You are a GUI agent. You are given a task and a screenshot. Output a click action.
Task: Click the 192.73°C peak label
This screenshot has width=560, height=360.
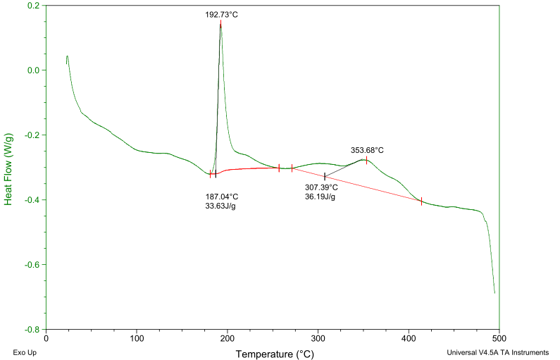(221, 13)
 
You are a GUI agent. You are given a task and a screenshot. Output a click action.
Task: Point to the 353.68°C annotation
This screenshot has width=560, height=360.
(367, 150)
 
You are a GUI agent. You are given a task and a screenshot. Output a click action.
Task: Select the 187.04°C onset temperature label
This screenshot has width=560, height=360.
(222, 197)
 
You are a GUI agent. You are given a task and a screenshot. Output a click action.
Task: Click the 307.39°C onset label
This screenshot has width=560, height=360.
(321, 187)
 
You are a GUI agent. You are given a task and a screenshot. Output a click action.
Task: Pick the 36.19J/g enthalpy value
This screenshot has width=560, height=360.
(320, 197)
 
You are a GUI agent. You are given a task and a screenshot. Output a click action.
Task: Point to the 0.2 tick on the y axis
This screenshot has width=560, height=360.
(32, 6)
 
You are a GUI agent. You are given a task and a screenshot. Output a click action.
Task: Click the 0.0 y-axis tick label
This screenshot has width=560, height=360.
(32, 70)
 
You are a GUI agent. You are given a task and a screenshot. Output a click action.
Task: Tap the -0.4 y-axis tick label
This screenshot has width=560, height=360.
(31, 200)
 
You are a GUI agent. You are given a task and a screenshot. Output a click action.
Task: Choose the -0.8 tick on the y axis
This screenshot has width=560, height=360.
(31, 329)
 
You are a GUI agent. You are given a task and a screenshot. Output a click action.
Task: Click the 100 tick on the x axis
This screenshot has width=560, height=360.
(137, 338)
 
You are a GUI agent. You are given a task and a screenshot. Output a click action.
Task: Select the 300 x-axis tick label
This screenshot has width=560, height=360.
(318, 338)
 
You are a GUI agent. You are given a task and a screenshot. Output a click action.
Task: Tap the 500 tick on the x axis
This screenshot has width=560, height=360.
(499, 338)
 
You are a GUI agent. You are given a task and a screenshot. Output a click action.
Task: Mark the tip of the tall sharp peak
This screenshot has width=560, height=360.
(220, 23)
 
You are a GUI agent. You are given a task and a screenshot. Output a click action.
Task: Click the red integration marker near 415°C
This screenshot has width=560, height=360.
(421, 201)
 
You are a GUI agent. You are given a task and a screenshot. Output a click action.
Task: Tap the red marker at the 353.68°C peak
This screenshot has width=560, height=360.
(366, 160)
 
